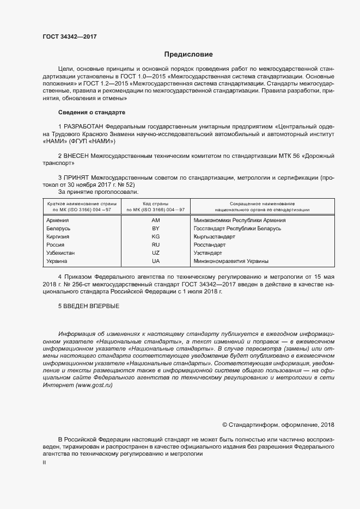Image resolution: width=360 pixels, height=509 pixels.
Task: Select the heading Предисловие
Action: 188,54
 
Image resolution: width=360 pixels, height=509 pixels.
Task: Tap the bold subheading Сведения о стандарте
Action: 91,112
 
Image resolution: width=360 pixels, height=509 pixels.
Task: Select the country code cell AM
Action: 156,220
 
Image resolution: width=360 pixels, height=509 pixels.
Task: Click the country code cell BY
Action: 156,229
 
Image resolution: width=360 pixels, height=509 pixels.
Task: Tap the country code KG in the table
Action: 156,237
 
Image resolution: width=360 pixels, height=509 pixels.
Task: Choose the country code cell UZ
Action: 156,254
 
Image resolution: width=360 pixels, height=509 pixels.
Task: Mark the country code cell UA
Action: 156,262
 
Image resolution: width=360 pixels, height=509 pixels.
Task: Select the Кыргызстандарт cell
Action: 215,237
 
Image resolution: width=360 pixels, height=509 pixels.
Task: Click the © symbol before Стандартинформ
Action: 225,425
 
